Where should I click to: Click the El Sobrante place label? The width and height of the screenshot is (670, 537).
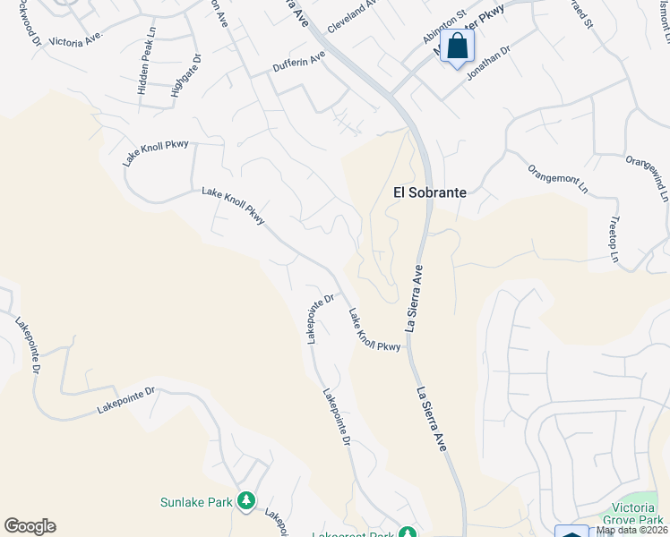click(432, 192)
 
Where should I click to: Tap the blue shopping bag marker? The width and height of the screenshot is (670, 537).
click(457, 47)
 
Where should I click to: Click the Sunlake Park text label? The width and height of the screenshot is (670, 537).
click(196, 502)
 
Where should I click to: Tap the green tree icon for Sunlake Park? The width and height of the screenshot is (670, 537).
click(245, 502)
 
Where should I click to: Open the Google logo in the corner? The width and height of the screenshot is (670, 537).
click(30, 526)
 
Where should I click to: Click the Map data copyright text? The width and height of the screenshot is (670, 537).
click(632, 530)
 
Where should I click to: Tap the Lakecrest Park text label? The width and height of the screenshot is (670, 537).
click(353, 534)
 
